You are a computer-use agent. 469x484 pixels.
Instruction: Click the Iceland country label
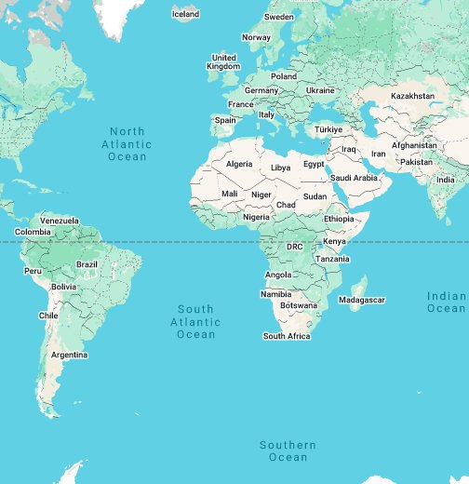tap(186, 14)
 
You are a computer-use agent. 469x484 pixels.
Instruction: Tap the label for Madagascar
tap(361, 300)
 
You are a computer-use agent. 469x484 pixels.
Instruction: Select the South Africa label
tap(287, 336)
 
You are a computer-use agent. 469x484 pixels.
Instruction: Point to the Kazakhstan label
tap(412, 96)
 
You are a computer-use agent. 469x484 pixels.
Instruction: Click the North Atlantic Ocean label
tap(127, 144)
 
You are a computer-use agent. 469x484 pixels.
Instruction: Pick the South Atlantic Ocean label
tap(195, 321)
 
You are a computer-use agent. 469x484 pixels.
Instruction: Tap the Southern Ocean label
tap(288, 451)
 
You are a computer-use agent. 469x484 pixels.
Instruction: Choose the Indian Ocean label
tap(447, 302)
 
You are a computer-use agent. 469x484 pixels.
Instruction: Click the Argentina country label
tap(70, 355)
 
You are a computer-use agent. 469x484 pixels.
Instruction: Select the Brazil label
tap(87, 264)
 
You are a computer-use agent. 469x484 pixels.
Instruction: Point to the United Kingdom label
tap(223, 61)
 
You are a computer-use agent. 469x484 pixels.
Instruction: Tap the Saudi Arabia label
tap(354, 178)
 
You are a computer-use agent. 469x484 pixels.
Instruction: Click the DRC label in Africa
tap(294, 247)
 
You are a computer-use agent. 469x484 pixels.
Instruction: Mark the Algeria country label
tap(239, 164)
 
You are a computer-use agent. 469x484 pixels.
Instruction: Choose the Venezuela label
tap(60, 220)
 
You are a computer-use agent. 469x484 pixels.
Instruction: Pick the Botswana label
tap(299, 305)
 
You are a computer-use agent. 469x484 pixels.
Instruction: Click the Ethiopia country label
tap(340, 218)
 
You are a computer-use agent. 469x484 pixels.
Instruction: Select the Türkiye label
tap(328, 129)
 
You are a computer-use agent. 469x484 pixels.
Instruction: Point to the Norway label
tap(256, 37)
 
